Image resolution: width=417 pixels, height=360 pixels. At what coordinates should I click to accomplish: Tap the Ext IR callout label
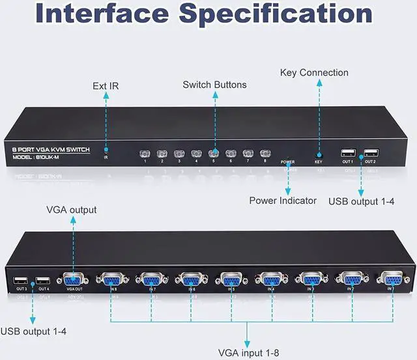[106, 85]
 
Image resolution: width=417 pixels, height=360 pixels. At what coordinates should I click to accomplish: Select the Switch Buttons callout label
[214, 85]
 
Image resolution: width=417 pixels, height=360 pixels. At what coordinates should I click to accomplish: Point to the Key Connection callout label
[314, 72]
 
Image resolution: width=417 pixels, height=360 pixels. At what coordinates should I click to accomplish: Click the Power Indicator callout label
[283, 201]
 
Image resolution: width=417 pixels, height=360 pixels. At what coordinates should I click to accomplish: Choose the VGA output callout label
[72, 210]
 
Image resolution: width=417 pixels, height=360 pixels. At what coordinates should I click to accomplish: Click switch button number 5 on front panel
[212, 154]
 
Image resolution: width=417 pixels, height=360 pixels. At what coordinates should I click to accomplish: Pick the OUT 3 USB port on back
[21, 281]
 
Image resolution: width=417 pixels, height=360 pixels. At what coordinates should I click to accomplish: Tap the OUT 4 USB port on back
[44, 281]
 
